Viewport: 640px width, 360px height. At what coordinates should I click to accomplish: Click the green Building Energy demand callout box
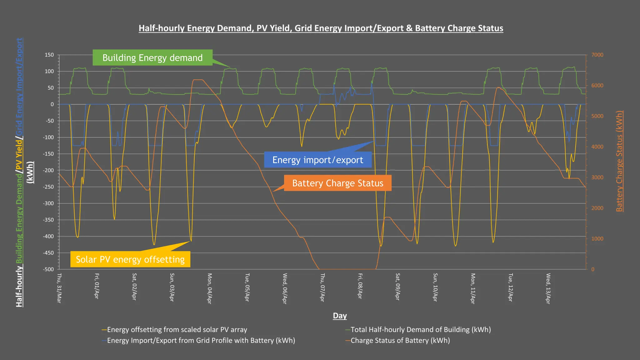click(x=152, y=58)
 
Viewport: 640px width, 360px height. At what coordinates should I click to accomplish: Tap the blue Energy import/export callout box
click(x=317, y=160)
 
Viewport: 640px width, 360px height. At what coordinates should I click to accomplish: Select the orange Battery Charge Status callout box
click(x=337, y=183)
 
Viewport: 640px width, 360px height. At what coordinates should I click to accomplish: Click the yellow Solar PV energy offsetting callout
click(x=130, y=259)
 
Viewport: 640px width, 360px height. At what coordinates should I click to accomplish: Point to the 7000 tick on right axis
click(x=597, y=55)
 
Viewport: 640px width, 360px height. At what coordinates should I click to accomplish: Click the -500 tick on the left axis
click(x=48, y=269)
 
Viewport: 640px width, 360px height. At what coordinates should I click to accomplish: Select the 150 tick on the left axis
click(x=49, y=55)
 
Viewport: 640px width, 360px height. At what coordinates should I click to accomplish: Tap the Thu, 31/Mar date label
click(x=59, y=288)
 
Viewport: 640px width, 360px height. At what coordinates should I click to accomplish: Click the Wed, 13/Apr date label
click(x=548, y=288)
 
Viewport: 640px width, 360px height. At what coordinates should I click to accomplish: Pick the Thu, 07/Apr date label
click(x=322, y=287)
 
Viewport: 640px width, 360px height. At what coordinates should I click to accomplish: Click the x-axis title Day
click(x=340, y=316)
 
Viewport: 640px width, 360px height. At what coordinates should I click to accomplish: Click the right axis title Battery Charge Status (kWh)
click(x=619, y=161)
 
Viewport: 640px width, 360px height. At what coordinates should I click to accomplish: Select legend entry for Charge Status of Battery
click(x=400, y=341)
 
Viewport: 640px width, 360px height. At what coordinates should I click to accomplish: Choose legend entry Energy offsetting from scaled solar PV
click(x=177, y=330)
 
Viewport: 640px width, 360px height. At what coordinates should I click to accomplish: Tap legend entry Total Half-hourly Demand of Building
click(x=420, y=330)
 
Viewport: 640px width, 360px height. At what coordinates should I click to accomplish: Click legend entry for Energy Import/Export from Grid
click(x=201, y=341)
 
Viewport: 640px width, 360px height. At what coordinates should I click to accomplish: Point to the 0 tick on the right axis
click(x=593, y=269)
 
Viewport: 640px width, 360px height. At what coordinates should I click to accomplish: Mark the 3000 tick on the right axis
click(x=597, y=177)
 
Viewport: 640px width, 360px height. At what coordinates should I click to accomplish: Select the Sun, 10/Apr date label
click(x=435, y=287)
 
